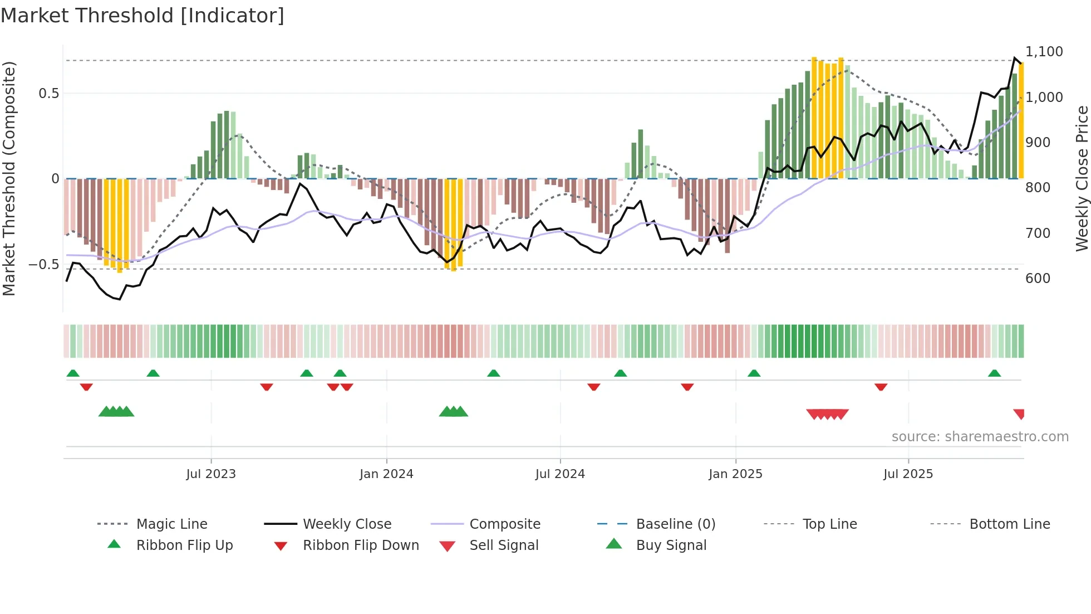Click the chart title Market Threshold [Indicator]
tap(142, 16)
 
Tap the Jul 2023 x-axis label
tap(211, 474)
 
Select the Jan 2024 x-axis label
tap(386, 474)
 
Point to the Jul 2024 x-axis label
tap(560, 474)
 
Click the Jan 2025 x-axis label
tap(735, 474)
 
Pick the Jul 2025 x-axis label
tap(908, 474)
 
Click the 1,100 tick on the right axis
tap(1044, 52)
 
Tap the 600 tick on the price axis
tap(1038, 279)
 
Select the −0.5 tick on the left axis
tap(44, 265)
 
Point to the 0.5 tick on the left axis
tap(48, 94)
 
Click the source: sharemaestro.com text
tap(980, 437)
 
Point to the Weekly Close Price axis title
tap(1082, 178)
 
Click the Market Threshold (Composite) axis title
tap(9, 178)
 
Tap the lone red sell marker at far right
tap(1019, 413)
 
